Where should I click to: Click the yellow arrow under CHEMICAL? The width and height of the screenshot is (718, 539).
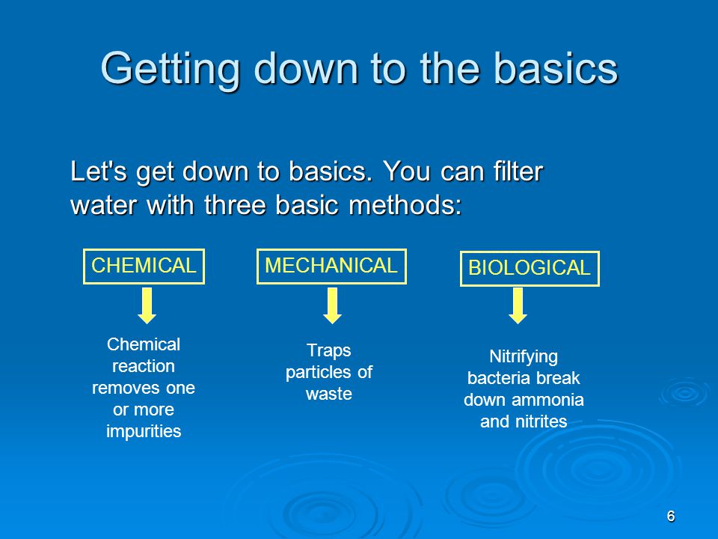[x=147, y=305]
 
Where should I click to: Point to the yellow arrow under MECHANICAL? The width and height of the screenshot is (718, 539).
[x=332, y=305]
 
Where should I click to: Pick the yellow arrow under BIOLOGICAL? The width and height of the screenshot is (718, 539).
[x=518, y=305]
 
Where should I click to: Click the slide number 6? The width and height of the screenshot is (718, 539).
[x=671, y=516]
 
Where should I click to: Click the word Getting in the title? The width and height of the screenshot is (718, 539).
[x=170, y=70]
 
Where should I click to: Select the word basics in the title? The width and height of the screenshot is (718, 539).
[x=556, y=69]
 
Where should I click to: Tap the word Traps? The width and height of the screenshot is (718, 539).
[x=329, y=350]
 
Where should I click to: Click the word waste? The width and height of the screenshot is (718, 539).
[x=329, y=395]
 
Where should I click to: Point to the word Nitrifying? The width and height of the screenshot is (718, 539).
[x=524, y=357]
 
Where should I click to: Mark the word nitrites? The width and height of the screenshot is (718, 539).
[x=541, y=421]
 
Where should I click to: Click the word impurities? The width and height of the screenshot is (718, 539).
[x=144, y=432]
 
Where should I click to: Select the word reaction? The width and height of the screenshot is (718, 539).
[x=144, y=367]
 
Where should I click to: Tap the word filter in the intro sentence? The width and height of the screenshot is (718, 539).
[x=518, y=171]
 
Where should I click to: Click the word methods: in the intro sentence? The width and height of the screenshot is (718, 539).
[x=405, y=204]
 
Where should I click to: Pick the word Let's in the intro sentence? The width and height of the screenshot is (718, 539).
[x=99, y=171]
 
